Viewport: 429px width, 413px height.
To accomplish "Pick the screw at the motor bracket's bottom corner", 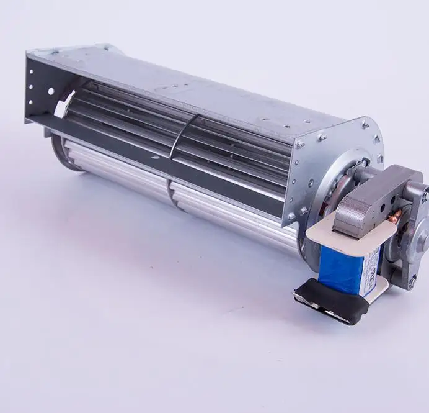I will tap(291, 217).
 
